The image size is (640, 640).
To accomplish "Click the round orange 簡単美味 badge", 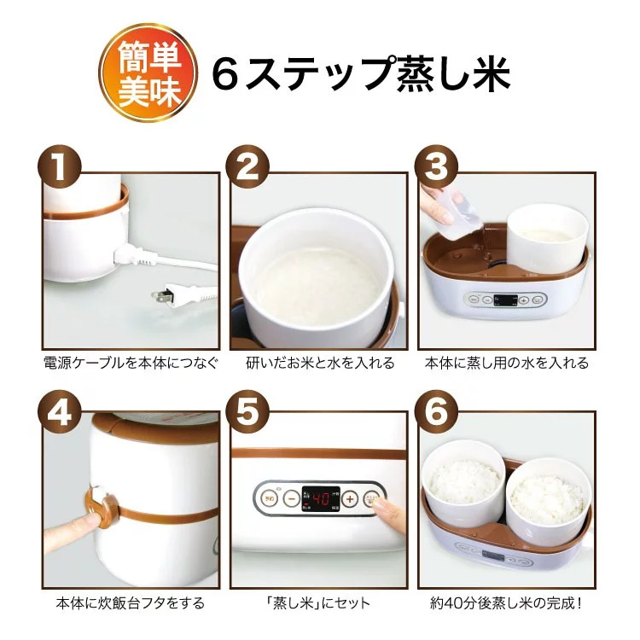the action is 148,73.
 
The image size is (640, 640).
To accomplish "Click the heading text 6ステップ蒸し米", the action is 361,73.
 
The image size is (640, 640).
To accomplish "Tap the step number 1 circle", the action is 60,167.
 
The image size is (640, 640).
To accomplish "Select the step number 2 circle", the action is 247,167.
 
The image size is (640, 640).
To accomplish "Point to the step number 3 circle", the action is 436,167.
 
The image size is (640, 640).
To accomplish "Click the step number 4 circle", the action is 60,412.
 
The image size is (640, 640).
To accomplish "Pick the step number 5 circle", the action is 247,412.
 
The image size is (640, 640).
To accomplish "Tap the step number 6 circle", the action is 436,412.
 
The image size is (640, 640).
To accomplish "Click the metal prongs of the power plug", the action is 160,295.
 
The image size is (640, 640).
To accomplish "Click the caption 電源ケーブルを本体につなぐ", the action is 131,363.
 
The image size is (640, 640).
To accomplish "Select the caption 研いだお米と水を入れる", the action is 320,363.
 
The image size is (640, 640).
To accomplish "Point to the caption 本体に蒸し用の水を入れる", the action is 507,363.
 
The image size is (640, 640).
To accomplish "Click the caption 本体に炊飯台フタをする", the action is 131,602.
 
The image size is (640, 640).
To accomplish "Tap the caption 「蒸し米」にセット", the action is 318,602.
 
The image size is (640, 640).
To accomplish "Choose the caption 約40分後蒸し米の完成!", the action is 506,602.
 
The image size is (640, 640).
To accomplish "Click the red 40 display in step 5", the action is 320,499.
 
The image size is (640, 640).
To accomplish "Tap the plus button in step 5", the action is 350,498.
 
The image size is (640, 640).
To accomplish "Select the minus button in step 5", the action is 292,498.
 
